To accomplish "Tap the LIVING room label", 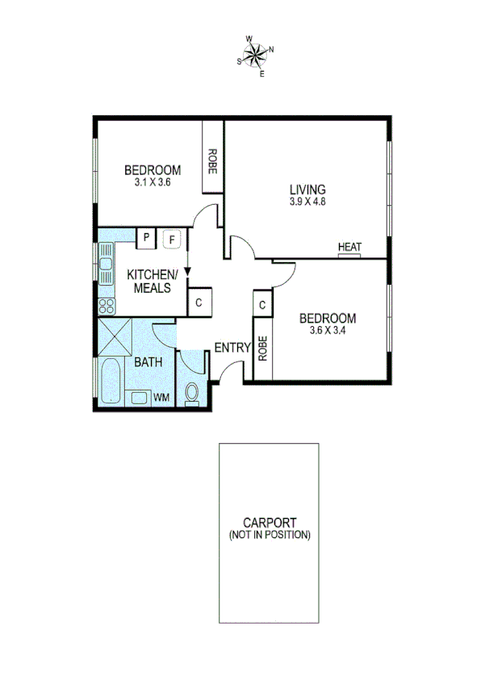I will pos(307,190).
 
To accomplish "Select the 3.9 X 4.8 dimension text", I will pos(307,203).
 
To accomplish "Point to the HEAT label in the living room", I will pos(349,247).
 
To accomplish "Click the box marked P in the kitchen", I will pos(146,238).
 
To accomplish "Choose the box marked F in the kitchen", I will pos(172,238).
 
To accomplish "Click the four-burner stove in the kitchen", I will pos(106,306).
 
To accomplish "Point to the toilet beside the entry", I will pos(191,393).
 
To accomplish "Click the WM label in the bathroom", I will pos(161,397).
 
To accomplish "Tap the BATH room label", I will pos(148,362).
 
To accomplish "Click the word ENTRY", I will pos(232,348).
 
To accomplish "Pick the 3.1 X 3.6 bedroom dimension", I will pos(153,182).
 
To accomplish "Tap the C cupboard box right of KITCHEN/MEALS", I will pos(199,303).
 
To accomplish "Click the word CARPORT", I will pos(270,522).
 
